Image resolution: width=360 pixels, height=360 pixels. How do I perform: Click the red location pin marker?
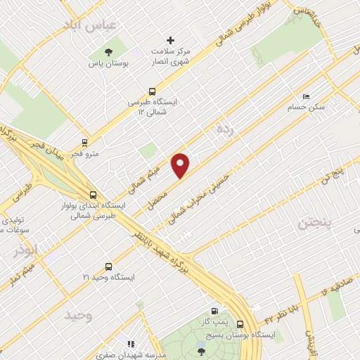181,165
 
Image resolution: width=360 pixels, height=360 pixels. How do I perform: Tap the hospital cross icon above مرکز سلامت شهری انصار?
170,40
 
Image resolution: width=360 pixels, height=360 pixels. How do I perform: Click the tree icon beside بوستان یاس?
108,51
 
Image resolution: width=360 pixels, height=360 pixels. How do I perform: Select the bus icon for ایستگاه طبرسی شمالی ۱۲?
152,91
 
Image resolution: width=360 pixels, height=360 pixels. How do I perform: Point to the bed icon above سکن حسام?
305,97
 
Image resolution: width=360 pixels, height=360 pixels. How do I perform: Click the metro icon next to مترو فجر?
85,142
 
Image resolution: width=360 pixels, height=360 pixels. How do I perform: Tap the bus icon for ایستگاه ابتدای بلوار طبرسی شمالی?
94,195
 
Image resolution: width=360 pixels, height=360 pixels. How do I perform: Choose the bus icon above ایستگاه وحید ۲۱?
108,266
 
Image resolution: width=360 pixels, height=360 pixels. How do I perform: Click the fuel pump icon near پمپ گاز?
214,311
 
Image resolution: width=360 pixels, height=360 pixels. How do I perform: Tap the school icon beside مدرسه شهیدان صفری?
130,345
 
